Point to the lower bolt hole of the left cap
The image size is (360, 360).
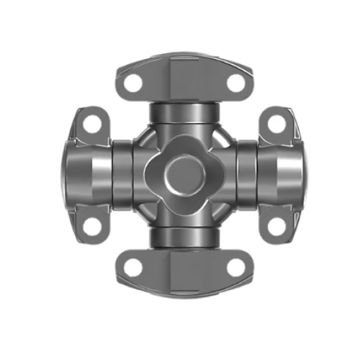click(90, 227)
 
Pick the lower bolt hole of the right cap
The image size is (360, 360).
click(276, 227)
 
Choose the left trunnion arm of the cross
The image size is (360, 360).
click(122, 175)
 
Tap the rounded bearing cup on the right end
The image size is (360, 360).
click(287, 176)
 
